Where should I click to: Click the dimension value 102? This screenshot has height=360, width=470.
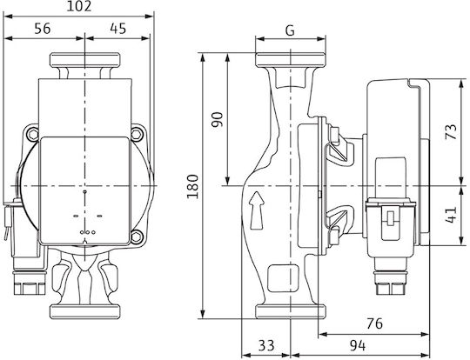pyautogui.click(x=79, y=7)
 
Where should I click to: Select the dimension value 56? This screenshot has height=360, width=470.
pyautogui.click(x=43, y=29)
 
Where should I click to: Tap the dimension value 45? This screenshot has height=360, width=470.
pyautogui.click(x=118, y=29)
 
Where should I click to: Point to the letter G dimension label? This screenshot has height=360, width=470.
pyautogui.click(x=290, y=30)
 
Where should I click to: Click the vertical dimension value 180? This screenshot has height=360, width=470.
pyautogui.click(x=192, y=186)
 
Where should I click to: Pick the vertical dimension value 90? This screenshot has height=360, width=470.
pyautogui.click(x=218, y=119)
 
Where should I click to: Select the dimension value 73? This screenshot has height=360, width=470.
pyautogui.click(x=451, y=132)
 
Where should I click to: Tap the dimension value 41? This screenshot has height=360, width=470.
pyautogui.click(x=451, y=215)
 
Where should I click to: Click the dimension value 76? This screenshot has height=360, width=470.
pyautogui.click(x=374, y=323)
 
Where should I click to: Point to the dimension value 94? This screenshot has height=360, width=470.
pyautogui.click(x=358, y=346)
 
